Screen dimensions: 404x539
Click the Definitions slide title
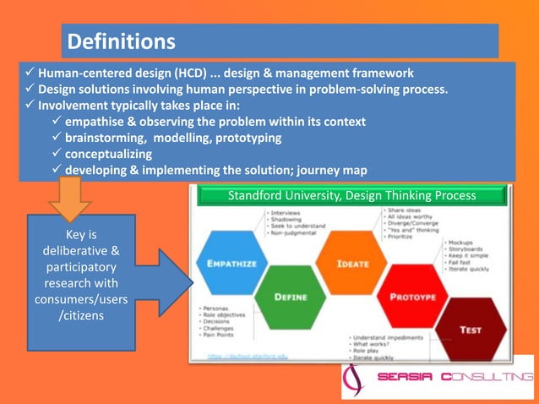click(x=121, y=41)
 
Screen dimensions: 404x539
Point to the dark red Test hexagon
click(x=470, y=329)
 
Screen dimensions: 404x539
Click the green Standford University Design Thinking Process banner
click(x=351, y=196)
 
